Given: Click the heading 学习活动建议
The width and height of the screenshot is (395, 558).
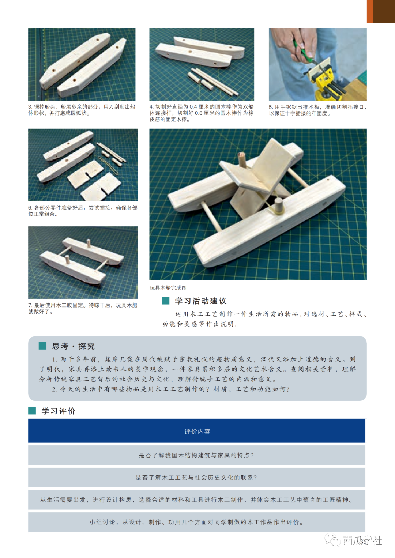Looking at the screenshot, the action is pyautogui.click(x=201, y=301).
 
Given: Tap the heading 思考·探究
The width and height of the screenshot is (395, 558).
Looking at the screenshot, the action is pyautogui.click(x=73, y=346).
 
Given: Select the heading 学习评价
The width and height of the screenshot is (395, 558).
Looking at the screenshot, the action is pyautogui.click(x=58, y=411).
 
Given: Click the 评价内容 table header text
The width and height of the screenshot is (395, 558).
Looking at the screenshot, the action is pyautogui.click(x=197, y=431).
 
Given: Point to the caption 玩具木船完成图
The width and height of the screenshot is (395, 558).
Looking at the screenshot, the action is pyautogui.click(x=168, y=288).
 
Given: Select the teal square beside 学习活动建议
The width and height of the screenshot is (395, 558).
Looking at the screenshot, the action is pyautogui.click(x=165, y=301).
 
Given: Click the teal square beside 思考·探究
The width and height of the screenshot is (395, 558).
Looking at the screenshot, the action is pyautogui.click(x=43, y=346).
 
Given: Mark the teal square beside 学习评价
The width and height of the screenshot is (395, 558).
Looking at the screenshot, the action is pyautogui.click(x=32, y=411).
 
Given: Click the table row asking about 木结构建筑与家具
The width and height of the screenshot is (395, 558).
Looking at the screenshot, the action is pyautogui.click(x=196, y=455).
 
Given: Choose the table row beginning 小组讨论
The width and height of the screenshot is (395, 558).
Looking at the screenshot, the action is pyautogui.click(x=196, y=522).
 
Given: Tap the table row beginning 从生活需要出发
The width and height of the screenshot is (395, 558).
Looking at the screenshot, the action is pyautogui.click(x=196, y=500).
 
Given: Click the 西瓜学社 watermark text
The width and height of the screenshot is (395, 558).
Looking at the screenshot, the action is pyautogui.click(x=362, y=540).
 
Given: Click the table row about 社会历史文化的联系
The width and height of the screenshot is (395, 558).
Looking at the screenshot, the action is pyautogui.click(x=196, y=478).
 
